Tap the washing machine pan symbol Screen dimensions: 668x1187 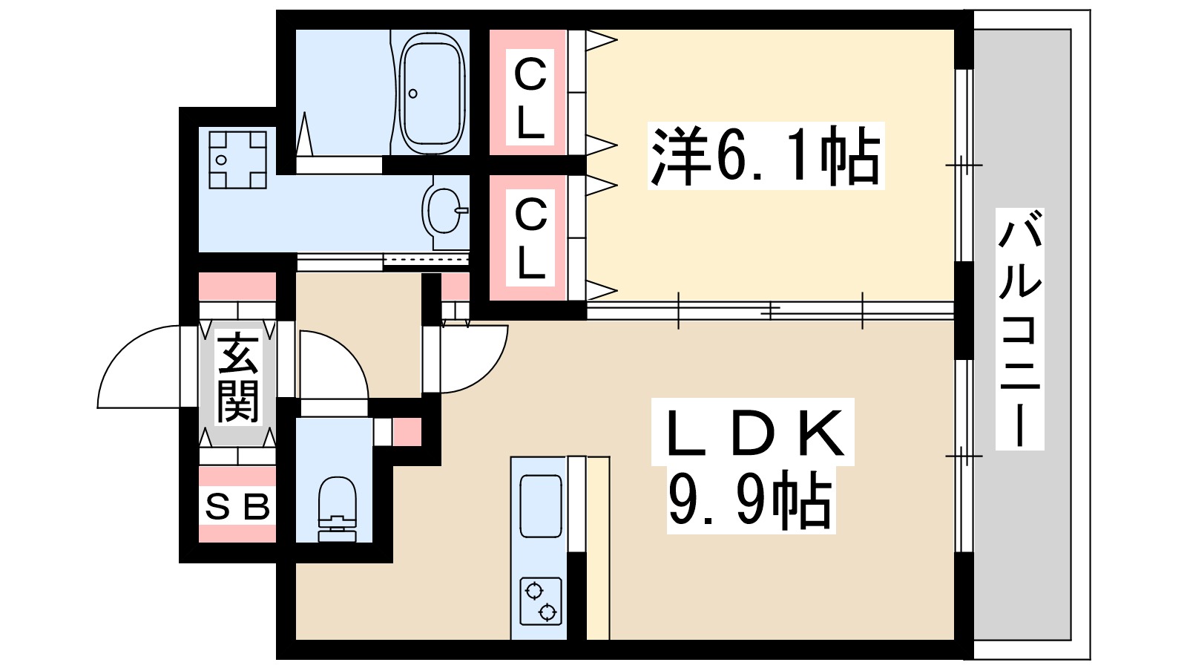point(237,160)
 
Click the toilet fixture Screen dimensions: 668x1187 point(337,509)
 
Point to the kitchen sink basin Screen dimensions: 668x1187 point(540,505)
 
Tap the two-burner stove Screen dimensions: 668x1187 point(540,601)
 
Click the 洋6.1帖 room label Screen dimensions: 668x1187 point(765,156)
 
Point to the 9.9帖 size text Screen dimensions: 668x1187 point(749,500)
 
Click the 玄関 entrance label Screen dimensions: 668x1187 point(238,378)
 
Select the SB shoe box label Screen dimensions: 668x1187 point(237,507)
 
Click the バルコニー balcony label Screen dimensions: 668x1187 point(1020,330)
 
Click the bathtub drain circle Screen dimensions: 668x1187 point(413,94)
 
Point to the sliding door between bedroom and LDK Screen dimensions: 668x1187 point(772,310)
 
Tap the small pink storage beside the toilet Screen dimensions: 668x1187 point(407,432)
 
